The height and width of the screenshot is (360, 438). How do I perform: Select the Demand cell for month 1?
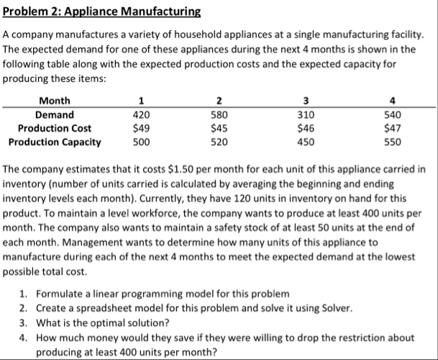[141, 114]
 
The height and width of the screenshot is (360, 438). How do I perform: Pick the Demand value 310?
[306, 114]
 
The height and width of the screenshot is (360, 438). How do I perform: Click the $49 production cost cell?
[141, 128]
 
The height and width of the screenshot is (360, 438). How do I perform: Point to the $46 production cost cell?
[306, 128]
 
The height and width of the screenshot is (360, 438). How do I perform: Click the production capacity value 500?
[141, 142]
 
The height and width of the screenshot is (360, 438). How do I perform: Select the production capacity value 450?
[306, 142]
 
